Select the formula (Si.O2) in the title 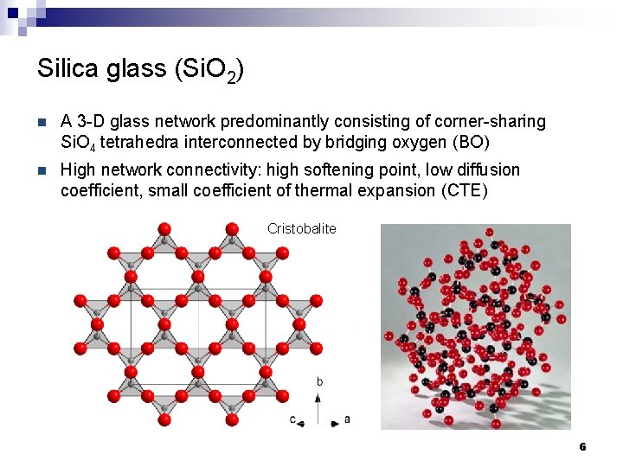pyautogui.click(x=209, y=71)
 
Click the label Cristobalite pyautogui.click(x=301, y=229)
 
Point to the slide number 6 pyautogui.click(x=582, y=447)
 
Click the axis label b pyautogui.click(x=319, y=381)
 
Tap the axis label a pyautogui.click(x=347, y=419)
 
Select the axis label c pyautogui.click(x=293, y=419)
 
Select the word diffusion pyautogui.click(x=485, y=170)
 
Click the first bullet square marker pyautogui.click(x=42, y=122)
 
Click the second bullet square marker pyautogui.click(x=42, y=170)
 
